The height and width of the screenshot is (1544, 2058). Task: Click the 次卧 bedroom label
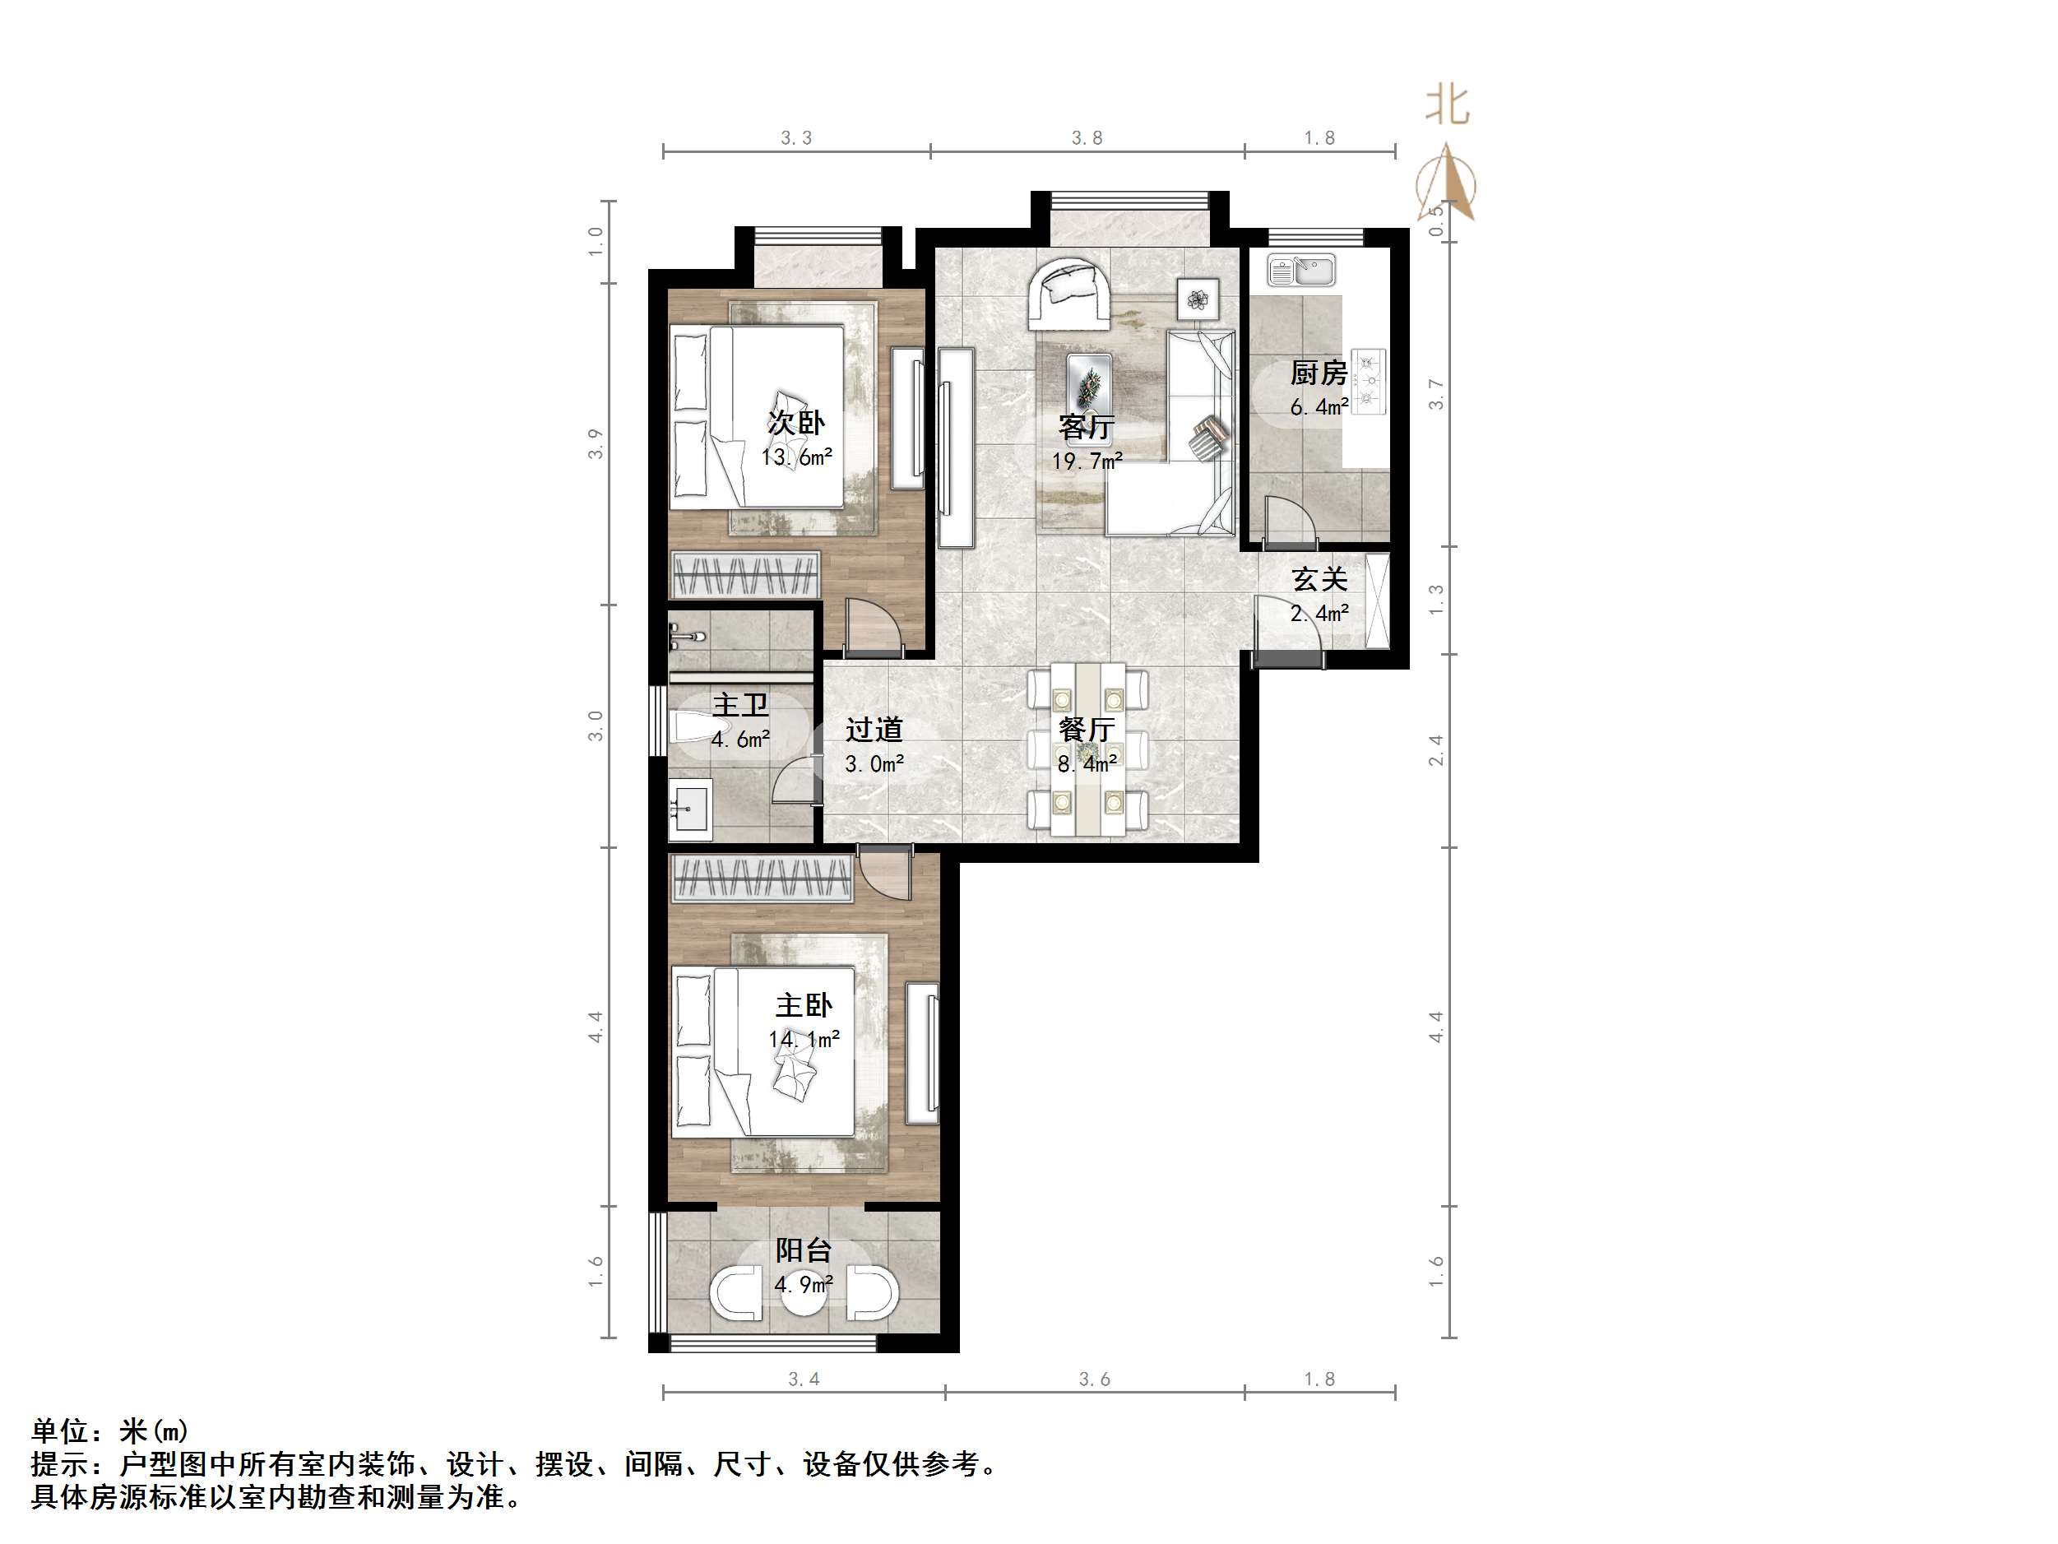[795, 423]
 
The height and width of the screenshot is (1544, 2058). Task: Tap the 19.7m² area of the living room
[1087, 461]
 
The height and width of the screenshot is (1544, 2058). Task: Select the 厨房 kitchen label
[1319, 373]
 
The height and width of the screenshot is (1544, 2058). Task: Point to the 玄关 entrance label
[1319, 580]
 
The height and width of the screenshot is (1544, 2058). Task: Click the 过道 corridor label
[874, 730]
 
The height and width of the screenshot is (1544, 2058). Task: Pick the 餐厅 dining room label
[1087, 729]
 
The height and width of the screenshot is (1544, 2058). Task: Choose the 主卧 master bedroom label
[804, 1005]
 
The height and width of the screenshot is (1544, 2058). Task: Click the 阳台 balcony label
[803, 1250]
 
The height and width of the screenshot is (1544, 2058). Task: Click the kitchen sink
[1301, 271]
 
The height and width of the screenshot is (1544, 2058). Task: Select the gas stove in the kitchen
[1368, 381]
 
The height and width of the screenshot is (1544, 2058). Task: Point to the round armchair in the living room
[1069, 293]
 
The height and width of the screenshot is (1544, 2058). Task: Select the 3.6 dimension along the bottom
[1094, 1379]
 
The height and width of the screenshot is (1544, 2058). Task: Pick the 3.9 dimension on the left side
[596, 443]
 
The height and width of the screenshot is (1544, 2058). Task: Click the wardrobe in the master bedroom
[761, 879]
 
